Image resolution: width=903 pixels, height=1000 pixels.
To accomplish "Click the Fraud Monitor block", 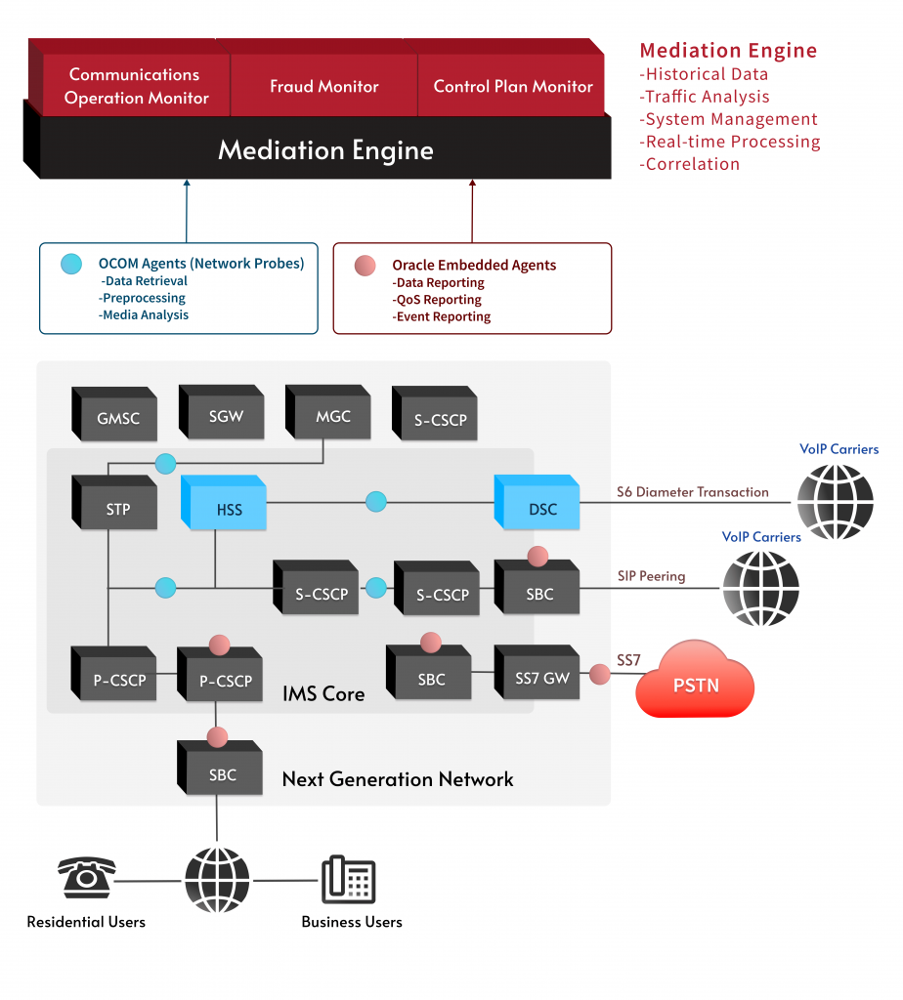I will point(323,87).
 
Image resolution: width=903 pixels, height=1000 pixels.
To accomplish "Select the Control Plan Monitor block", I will point(512,87).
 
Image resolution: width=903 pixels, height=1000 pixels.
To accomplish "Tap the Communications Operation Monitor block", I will point(136,87).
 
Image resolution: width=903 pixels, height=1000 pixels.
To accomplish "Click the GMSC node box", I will point(117,419).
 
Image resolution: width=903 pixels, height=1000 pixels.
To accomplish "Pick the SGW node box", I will point(225,416).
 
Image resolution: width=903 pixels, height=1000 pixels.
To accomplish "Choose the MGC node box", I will point(332,416).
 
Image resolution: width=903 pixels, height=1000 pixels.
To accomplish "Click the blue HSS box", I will point(229,509).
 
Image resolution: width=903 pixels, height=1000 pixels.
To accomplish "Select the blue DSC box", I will point(541,509).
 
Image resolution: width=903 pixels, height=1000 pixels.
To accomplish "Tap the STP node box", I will point(117,509).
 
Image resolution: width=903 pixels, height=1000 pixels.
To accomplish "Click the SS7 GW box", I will point(541,678).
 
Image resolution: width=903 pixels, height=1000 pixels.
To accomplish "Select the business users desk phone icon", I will point(349,879).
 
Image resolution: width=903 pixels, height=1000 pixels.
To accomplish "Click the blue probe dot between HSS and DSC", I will point(376,502).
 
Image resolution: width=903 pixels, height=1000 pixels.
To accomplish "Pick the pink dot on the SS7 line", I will point(599,674).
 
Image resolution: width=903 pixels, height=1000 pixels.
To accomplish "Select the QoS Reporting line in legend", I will point(438,300).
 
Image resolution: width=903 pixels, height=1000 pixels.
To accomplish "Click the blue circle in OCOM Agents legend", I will point(71,264).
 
